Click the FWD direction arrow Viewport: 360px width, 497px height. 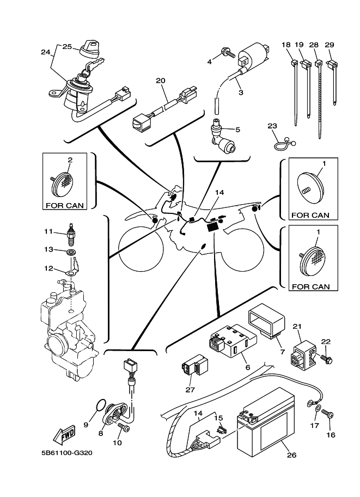tap(65, 435)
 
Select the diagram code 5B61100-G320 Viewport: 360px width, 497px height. tap(64, 452)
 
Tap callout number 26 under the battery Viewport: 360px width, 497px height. tap(291, 456)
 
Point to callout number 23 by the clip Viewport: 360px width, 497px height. tap(273, 126)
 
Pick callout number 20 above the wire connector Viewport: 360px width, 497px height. tap(160, 81)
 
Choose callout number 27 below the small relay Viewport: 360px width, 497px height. tap(190, 389)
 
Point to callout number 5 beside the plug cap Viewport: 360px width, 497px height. tap(237, 130)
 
